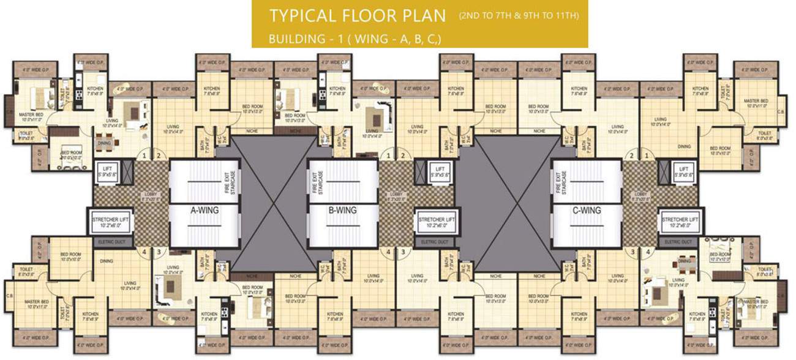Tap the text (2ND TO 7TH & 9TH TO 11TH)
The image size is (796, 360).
tap(519, 15)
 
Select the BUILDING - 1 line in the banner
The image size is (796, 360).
tap(355, 39)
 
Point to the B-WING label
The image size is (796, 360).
tap(343, 211)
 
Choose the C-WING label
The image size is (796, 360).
tap(587, 211)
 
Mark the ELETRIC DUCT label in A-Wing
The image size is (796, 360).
tap(112, 242)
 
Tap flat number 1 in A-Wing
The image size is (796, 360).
tap(145, 156)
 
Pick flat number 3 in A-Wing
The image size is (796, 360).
tap(158, 251)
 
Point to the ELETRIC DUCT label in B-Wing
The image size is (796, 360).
tap(436, 242)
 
